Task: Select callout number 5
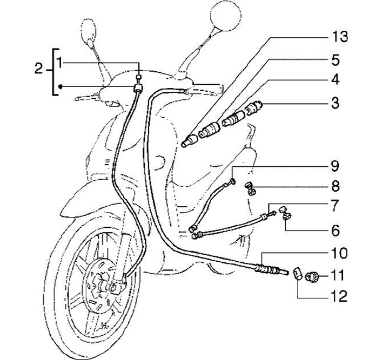335,59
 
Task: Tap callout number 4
335,80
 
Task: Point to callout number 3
335,102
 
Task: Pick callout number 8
335,187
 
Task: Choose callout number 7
335,206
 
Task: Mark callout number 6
335,231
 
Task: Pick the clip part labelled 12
297,273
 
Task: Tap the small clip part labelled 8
251,188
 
